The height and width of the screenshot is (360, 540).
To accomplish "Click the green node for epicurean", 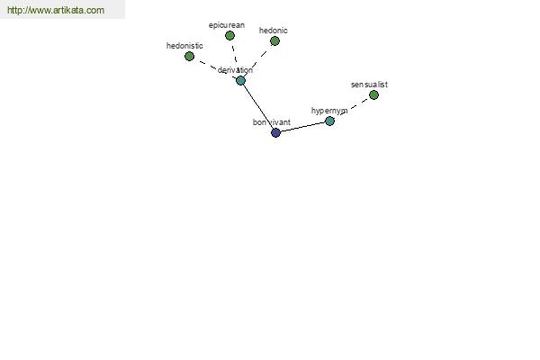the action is tap(229, 35).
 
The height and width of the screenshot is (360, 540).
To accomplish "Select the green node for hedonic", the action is tap(274, 41).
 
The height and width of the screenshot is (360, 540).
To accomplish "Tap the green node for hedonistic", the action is tap(189, 56).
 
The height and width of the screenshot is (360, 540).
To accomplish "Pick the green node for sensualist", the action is tap(373, 94).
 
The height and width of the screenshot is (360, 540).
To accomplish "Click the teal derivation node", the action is tap(240, 81).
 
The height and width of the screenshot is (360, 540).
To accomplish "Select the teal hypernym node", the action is tap(329, 121).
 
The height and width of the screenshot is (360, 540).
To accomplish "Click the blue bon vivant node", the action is tap(276, 132).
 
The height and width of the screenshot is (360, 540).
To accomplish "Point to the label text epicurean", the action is tap(227, 25).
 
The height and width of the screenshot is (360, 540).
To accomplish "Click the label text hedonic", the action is tap(273, 31).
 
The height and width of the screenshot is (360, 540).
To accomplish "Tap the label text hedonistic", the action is tap(184, 46).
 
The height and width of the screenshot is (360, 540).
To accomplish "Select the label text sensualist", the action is tap(369, 85).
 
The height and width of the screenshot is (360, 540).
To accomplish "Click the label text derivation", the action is tap(235, 70).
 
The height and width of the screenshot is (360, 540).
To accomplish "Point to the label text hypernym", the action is tap(329, 111).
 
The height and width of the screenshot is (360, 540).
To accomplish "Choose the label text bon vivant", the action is tap(272, 122).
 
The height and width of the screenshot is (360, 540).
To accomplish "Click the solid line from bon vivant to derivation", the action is tap(258, 106).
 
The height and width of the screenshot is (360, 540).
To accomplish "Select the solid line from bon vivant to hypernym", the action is tap(302, 127).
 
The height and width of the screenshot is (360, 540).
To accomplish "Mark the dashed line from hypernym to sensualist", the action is tap(352, 108).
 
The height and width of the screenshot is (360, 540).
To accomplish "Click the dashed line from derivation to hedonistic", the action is tap(215, 68).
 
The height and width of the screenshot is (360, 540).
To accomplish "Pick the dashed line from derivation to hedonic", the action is tap(257, 61).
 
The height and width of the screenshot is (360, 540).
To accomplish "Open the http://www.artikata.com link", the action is tap(56, 10).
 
